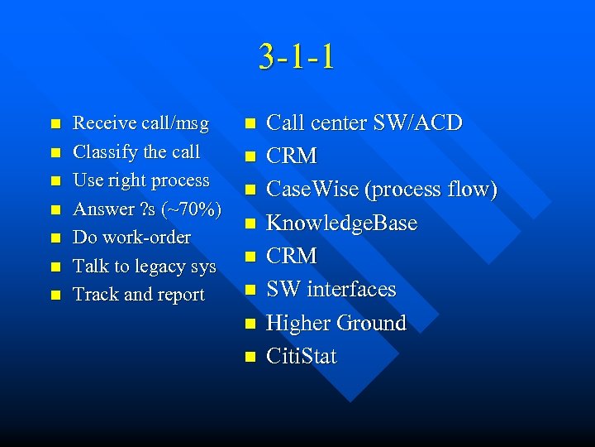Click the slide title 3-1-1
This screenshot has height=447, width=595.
pyautogui.click(x=297, y=56)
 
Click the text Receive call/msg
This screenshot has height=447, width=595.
pyautogui.click(x=140, y=123)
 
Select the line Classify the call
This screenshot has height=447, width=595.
pyautogui.click(x=136, y=152)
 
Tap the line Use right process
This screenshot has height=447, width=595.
pyautogui.click(x=141, y=180)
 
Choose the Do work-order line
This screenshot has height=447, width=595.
pyautogui.click(x=131, y=238)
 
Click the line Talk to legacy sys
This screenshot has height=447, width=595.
pyautogui.click(x=144, y=267)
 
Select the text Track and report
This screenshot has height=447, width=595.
pyautogui.click(x=139, y=295)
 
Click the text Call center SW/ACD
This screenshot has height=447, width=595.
pyautogui.click(x=364, y=123)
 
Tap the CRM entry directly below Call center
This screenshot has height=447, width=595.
pyautogui.click(x=291, y=156)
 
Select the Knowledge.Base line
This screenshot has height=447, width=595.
pyautogui.click(x=341, y=223)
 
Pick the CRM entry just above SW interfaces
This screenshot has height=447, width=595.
pyautogui.click(x=291, y=257)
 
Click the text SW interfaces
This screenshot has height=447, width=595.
pyautogui.click(x=331, y=290)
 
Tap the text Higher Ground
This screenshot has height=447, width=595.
pyautogui.click(x=336, y=323)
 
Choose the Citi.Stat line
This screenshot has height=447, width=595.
pyautogui.click(x=301, y=357)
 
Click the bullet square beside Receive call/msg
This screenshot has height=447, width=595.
pyautogui.click(x=55, y=124)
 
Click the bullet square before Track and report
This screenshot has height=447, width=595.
pyautogui.click(x=55, y=296)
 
